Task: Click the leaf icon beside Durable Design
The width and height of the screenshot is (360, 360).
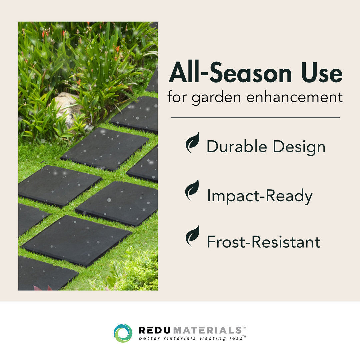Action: [x=192, y=143]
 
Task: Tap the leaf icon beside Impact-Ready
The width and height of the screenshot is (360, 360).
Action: [x=192, y=190]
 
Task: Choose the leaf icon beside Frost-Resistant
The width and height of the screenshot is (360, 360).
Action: [x=192, y=236]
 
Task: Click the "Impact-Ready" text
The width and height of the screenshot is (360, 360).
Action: [x=259, y=196]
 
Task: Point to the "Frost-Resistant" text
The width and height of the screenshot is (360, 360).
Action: [x=263, y=242]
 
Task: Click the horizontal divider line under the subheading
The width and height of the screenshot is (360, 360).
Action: [x=255, y=118]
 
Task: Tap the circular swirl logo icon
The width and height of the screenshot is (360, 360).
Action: [x=123, y=333]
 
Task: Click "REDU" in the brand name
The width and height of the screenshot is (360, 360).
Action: [x=155, y=330]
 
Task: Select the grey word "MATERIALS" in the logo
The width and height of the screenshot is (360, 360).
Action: [x=207, y=330]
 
